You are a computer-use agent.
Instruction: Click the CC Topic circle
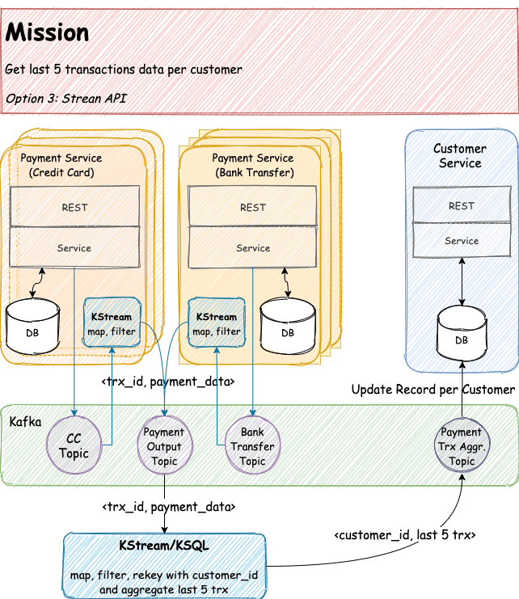tap(74, 445)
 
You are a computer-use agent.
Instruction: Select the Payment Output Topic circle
tap(165, 445)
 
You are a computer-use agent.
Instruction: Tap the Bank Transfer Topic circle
tap(252, 445)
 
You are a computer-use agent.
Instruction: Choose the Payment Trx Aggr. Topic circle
tap(462, 445)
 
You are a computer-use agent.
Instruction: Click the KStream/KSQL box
tap(164, 566)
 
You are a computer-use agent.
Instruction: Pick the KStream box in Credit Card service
tap(112, 323)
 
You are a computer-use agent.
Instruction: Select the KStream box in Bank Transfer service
tap(217, 323)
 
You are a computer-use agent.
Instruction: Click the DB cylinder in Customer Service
tap(462, 333)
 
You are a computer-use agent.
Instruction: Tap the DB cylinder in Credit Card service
tap(32, 327)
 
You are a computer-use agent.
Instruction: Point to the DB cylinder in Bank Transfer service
tap(288, 326)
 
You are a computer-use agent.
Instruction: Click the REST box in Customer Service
tap(462, 205)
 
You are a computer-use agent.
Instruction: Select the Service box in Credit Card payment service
tap(74, 247)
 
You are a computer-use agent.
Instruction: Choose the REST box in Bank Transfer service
tap(252, 206)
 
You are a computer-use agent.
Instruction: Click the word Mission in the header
tap(47, 32)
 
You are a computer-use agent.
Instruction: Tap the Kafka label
tap(25, 422)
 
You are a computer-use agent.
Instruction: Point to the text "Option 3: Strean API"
tap(65, 99)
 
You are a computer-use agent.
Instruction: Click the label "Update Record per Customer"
tap(433, 390)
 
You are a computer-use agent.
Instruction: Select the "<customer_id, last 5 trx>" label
tap(405, 535)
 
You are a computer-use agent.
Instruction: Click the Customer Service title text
tap(460, 156)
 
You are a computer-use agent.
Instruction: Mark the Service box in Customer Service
tap(462, 240)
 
